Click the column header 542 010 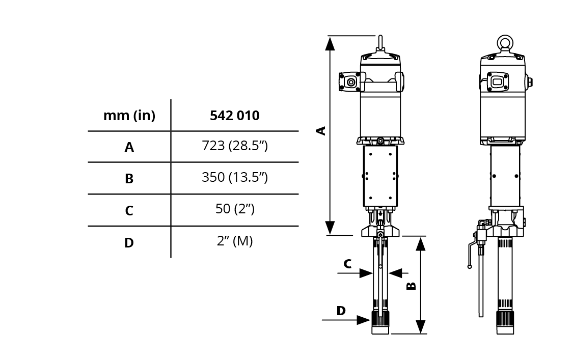click(x=235, y=115)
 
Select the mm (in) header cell click(x=129, y=116)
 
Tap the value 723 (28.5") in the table click(x=235, y=146)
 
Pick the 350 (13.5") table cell click(x=235, y=177)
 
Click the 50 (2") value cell click(x=235, y=209)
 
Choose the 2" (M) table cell click(x=235, y=241)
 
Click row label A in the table click(x=129, y=147)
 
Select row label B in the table click(x=129, y=179)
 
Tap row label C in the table click(x=129, y=211)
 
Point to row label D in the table click(x=129, y=242)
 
